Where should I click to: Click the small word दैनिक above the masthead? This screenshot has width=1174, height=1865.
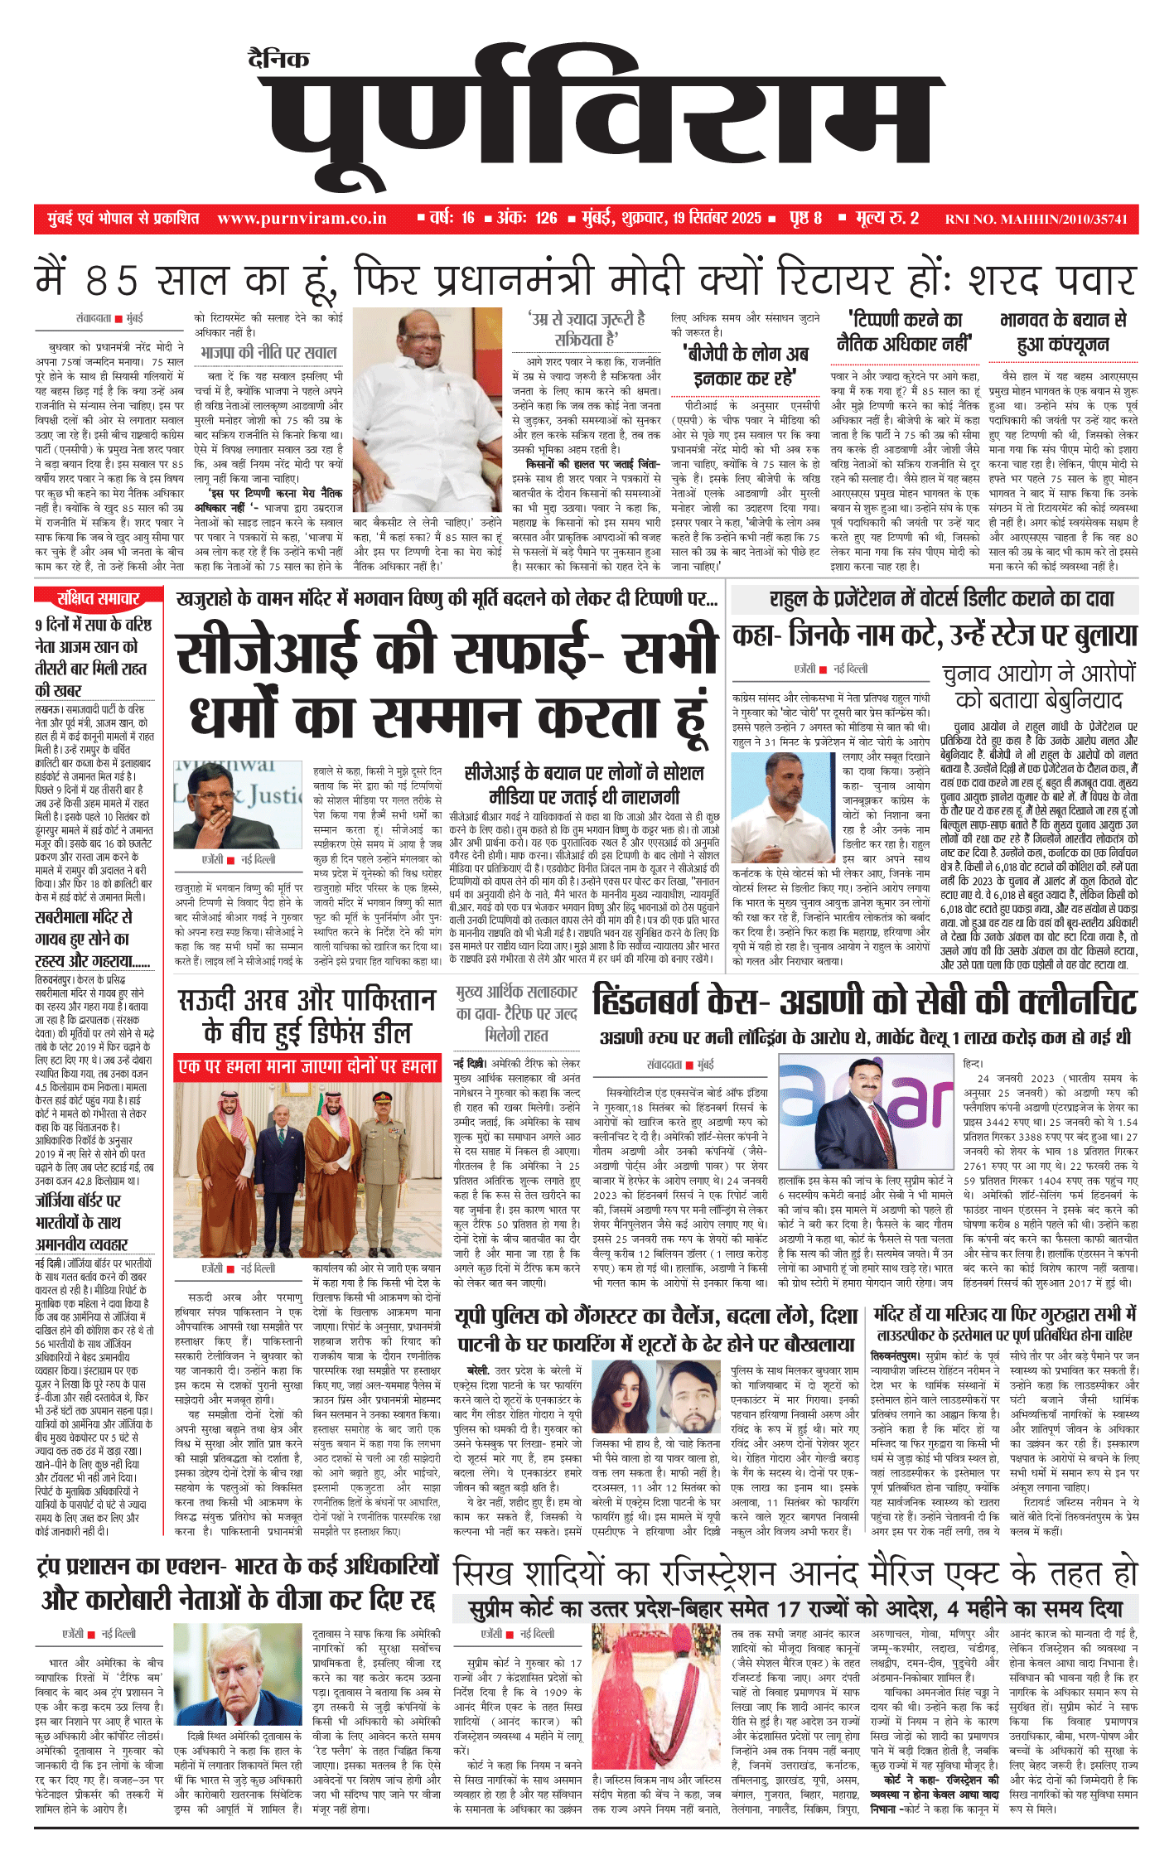tap(278, 59)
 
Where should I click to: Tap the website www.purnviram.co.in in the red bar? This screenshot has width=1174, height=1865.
tap(302, 219)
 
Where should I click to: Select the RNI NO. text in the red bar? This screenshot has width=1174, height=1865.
tap(1036, 220)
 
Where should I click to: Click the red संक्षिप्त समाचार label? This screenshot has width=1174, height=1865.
tap(98, 598)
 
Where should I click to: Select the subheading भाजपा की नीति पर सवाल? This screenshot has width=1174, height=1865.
tap(268, 353)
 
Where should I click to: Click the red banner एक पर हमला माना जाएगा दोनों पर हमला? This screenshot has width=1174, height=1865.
tap(307, 1067)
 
